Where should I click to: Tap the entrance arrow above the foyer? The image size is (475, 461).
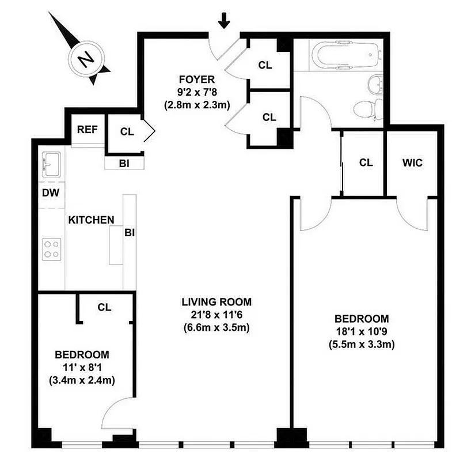[x=225, y=21]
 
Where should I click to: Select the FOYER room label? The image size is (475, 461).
[x=196, y=80]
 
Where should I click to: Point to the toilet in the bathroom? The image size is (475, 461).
[x=367, y=108]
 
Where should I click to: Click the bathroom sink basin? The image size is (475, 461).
[x=376, y=85]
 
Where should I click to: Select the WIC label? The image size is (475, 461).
[x=412, y=163]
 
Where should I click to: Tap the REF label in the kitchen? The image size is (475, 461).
[x=88, y=130]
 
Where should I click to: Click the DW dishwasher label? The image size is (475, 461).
[x=51, y=193]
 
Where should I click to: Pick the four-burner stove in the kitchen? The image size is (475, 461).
[x=51, y=250]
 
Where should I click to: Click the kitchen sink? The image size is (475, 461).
[x=51, y=165]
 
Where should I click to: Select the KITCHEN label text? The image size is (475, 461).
[x=91, y=220]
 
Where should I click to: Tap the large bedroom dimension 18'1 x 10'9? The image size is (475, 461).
[x=361, y=332]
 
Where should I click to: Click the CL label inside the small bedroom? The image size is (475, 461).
[x=104, y=308]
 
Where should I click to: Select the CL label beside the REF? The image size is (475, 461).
[x=127, y=131]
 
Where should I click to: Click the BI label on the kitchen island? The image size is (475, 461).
[x=130, y=233]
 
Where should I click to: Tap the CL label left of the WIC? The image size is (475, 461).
[x=366, y=163]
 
